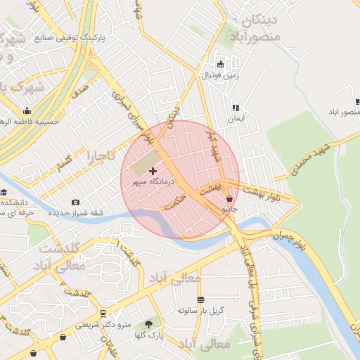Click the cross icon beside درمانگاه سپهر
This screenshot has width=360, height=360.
tap(153, 171)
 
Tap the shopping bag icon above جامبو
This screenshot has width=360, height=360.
tap(230, 199)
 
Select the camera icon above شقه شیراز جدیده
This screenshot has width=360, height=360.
tap(75, 203)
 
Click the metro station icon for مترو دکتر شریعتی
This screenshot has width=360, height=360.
tap(103, 314)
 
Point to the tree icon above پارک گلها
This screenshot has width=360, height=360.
tap(148, 323)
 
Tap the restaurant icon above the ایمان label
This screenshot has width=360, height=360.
tap(236, 108)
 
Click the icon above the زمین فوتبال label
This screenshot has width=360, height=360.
tap(220, 63)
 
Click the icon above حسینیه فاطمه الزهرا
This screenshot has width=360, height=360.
tap(27, 110)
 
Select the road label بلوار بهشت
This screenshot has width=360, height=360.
tap(263, 193)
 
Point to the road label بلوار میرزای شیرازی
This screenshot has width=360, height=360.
tap(136, 116)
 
